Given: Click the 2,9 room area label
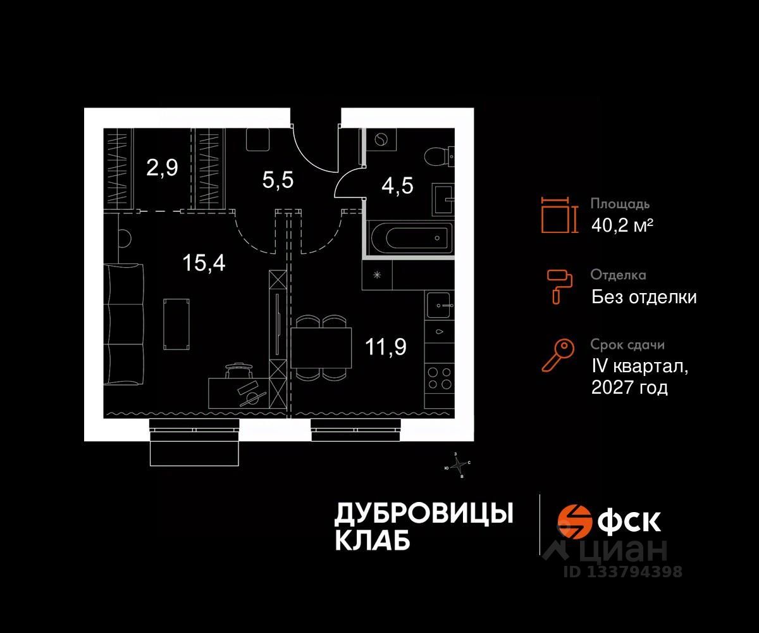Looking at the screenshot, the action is (163, 168).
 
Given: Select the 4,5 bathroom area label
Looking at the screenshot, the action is (398, 187).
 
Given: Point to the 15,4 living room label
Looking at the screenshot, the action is (204, 261).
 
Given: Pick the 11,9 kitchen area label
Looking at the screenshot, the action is (385, 346).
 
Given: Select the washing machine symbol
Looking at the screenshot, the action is (381, 140).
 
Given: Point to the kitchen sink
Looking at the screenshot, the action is (440, 305).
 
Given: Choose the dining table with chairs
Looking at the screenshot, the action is (321, 347).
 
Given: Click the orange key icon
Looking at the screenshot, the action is (558, 354).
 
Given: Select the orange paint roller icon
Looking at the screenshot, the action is (558, 284).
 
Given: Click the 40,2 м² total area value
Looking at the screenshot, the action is (622, 225).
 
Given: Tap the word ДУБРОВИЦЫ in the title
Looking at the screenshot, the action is (423, 513).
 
